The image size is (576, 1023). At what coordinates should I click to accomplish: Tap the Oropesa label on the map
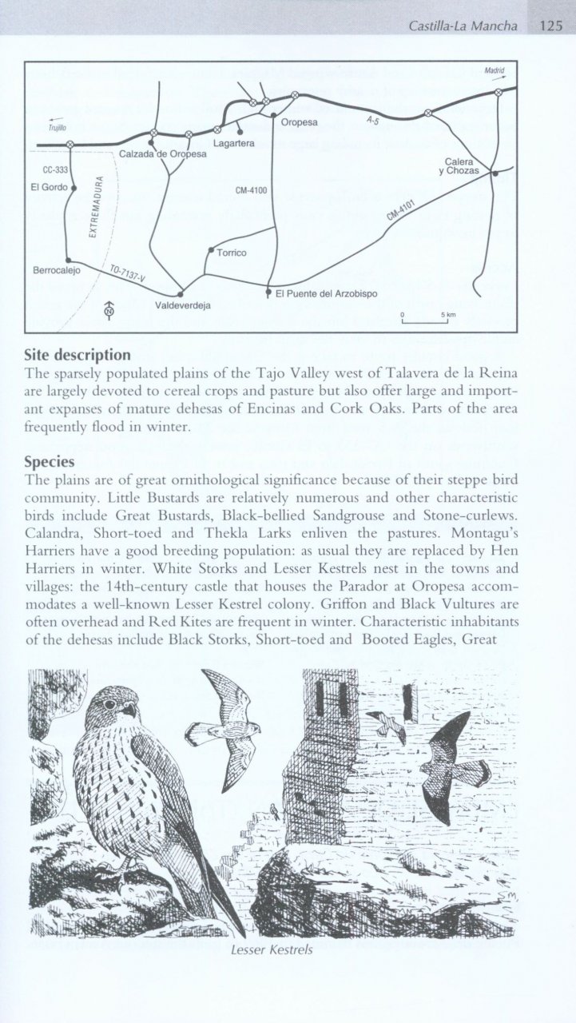tap(300, 122)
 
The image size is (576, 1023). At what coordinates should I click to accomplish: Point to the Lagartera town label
tap(234, 143)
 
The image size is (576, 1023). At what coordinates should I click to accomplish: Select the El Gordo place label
tap(46, 188)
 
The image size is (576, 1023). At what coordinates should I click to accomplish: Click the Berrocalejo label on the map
tap(54, 270)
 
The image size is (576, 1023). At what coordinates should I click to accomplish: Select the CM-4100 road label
tap(252, 190)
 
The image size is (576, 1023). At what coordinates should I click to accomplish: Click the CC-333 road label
tap(55, 170)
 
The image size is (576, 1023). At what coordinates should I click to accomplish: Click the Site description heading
tap(77, 354)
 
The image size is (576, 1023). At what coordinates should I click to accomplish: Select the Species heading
tap(50, 462)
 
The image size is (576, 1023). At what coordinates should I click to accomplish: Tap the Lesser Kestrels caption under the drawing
tap(270, 950)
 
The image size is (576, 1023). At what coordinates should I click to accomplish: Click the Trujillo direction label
tap(56, 126)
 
